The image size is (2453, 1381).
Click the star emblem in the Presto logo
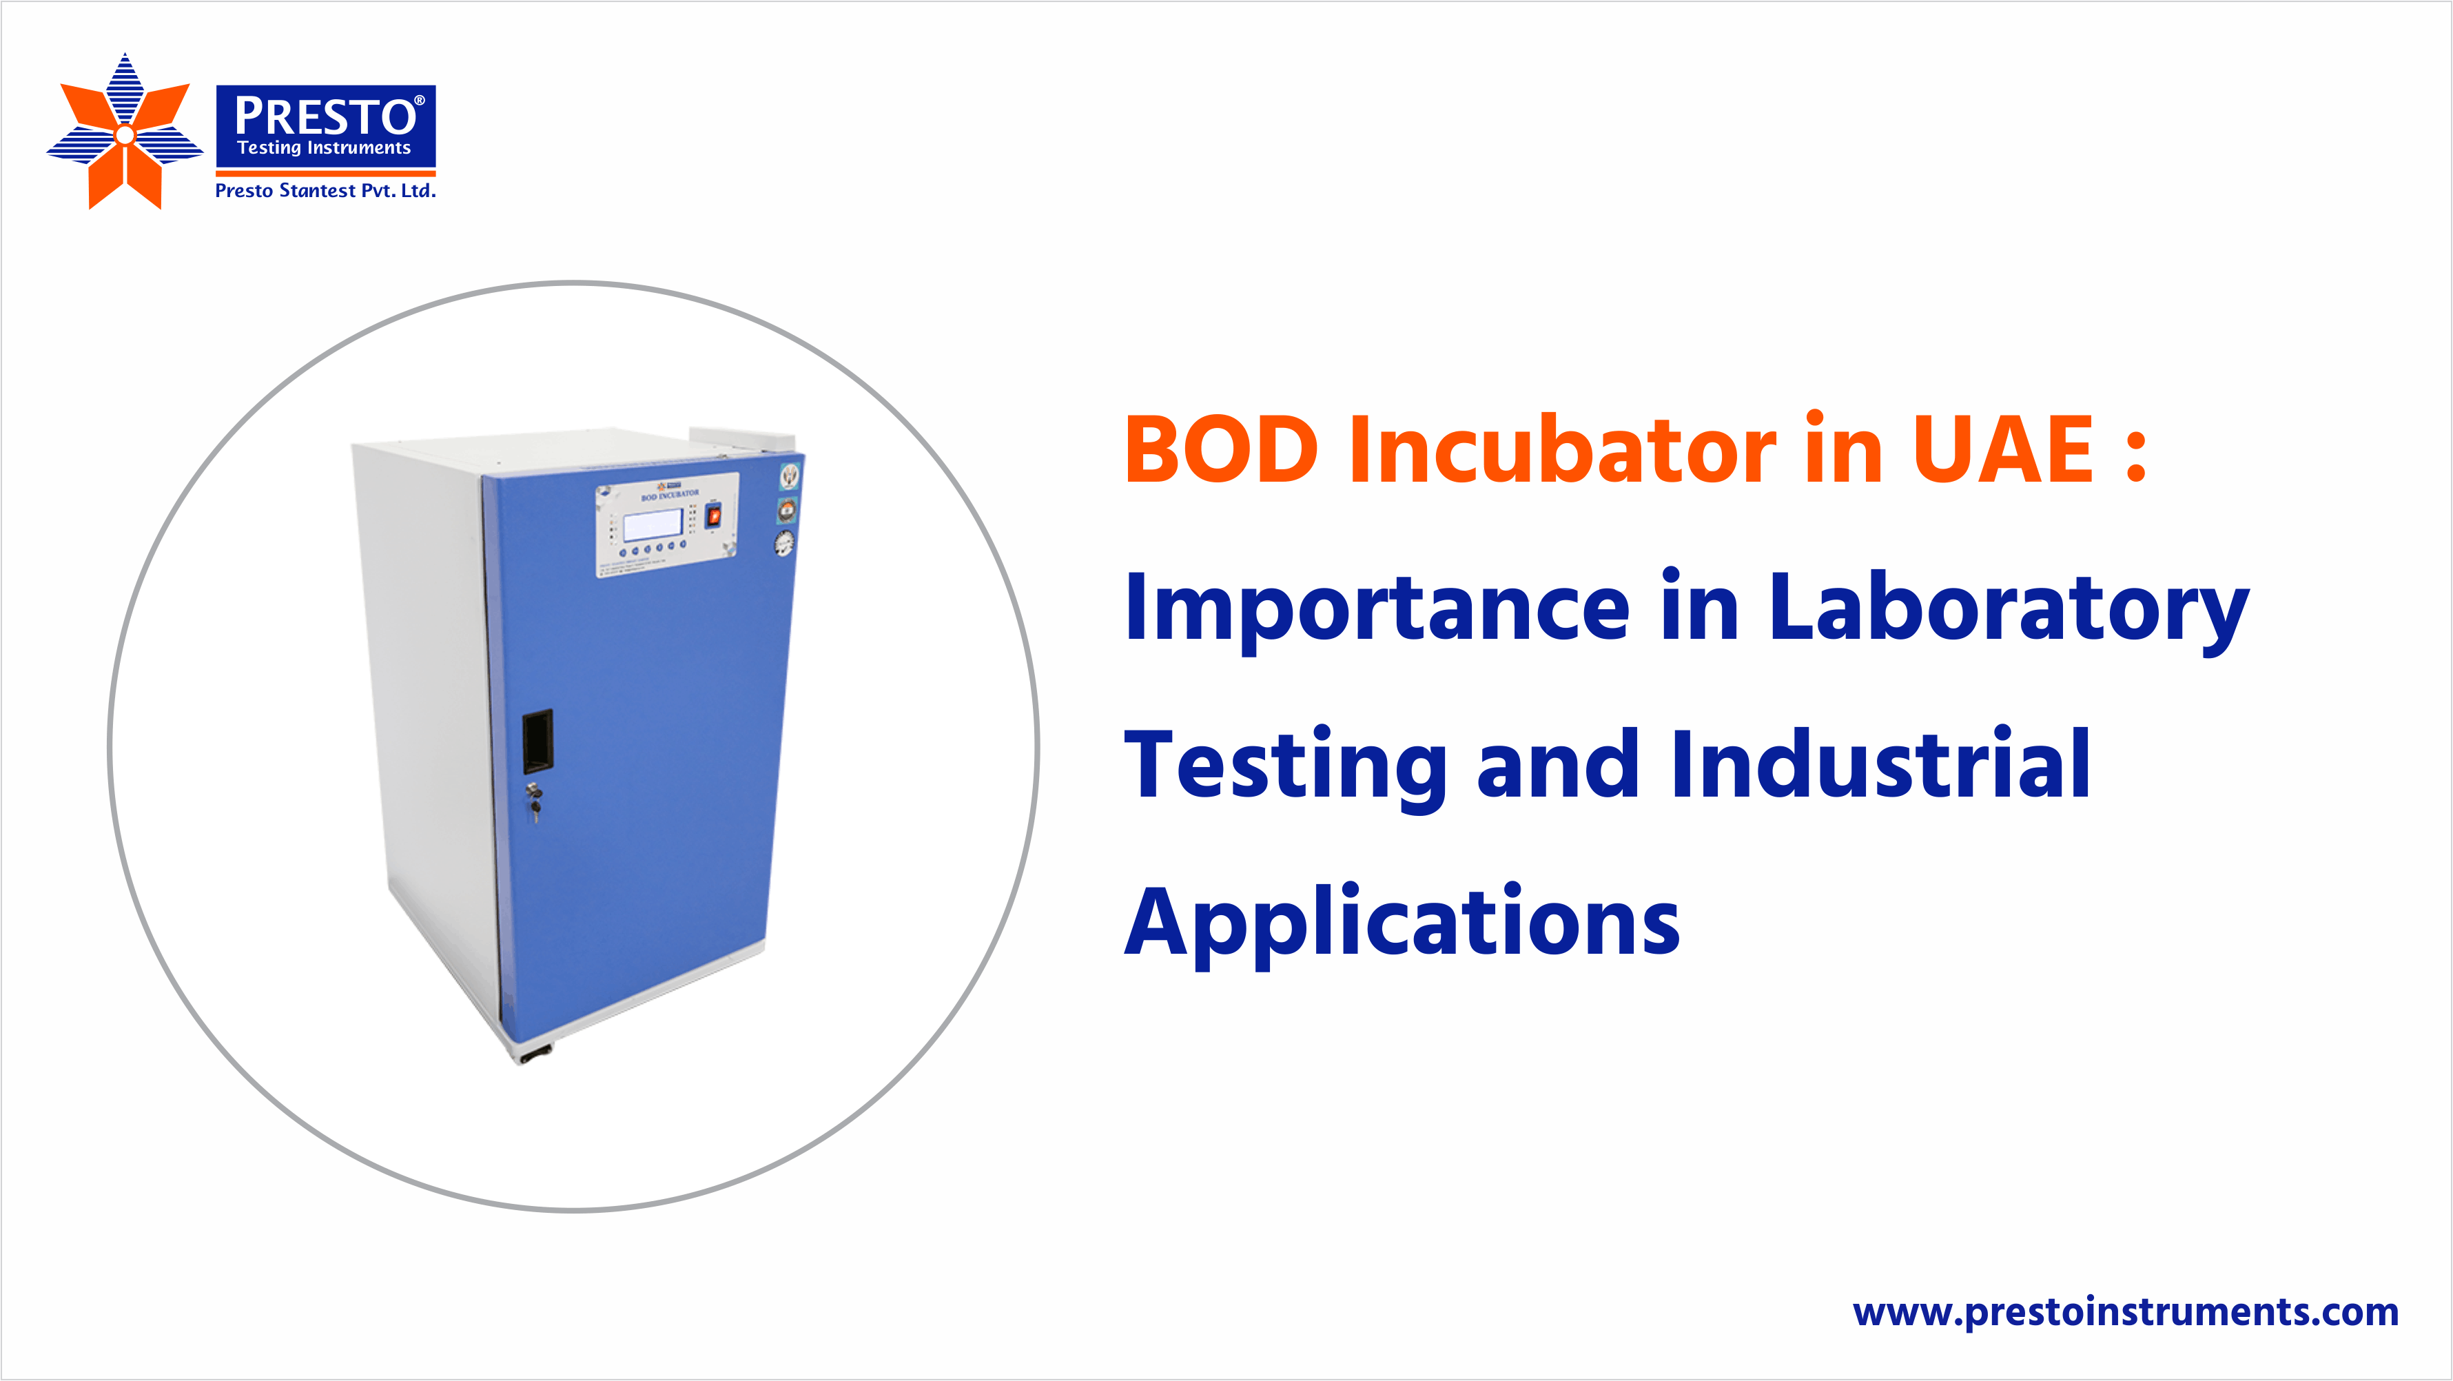(x=125, y=133)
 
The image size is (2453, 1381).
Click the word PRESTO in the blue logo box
(x=325, y=116)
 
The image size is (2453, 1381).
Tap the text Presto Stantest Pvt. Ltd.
(x=325, y=190)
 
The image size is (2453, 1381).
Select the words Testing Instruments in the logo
(x=324, y=147)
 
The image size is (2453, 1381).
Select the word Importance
(x=1377, y=610)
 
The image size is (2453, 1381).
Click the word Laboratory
(x=2009, y=610)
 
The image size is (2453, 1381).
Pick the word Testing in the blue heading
(x=1286, y=767)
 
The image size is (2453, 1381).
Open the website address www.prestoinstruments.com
(x=2126, y=1312)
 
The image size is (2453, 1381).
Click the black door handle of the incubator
(x=537, y=740)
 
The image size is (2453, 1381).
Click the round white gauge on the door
(x=783, y=544)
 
